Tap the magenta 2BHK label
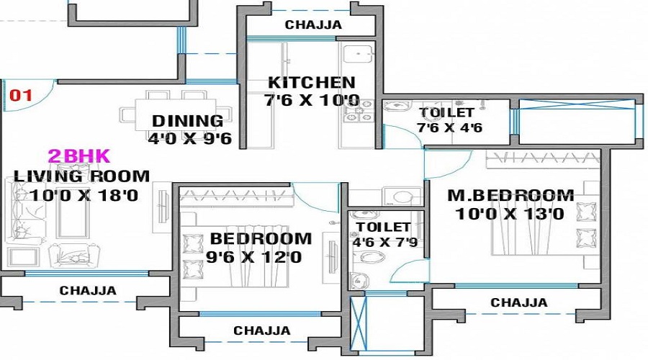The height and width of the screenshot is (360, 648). coord(78,156)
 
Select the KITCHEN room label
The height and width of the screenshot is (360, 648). coord(311,83)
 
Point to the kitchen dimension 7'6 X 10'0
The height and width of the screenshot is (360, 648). coord(311,101)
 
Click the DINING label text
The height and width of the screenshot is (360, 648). coord(187,121)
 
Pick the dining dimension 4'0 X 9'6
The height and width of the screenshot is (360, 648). coord(189,138)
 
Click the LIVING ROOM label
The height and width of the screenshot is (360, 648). coord(82,176)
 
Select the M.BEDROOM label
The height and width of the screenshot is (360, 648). coord(510,195)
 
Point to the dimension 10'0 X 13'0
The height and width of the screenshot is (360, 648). coord(510,214)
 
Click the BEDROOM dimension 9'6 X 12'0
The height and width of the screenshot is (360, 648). coord(255,257)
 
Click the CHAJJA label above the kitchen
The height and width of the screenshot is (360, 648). coord(313,25)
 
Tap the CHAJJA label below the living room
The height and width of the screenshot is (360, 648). coord(88,291)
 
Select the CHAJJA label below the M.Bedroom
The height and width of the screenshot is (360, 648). coord(518,303)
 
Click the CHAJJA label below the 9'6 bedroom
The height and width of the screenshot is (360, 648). coord(261,331)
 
